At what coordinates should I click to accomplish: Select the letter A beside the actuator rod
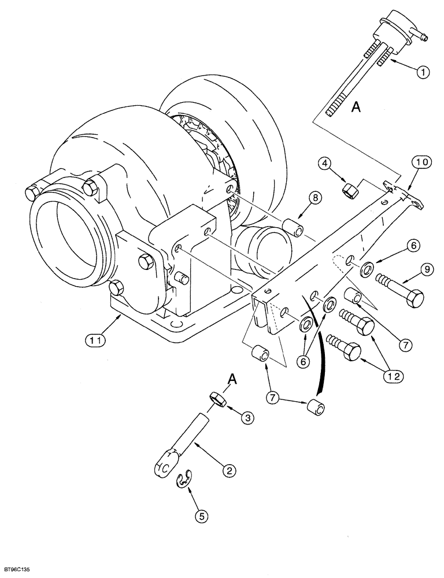click(x=357, y=108)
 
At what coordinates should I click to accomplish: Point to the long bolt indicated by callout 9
click(x=399, y=289)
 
